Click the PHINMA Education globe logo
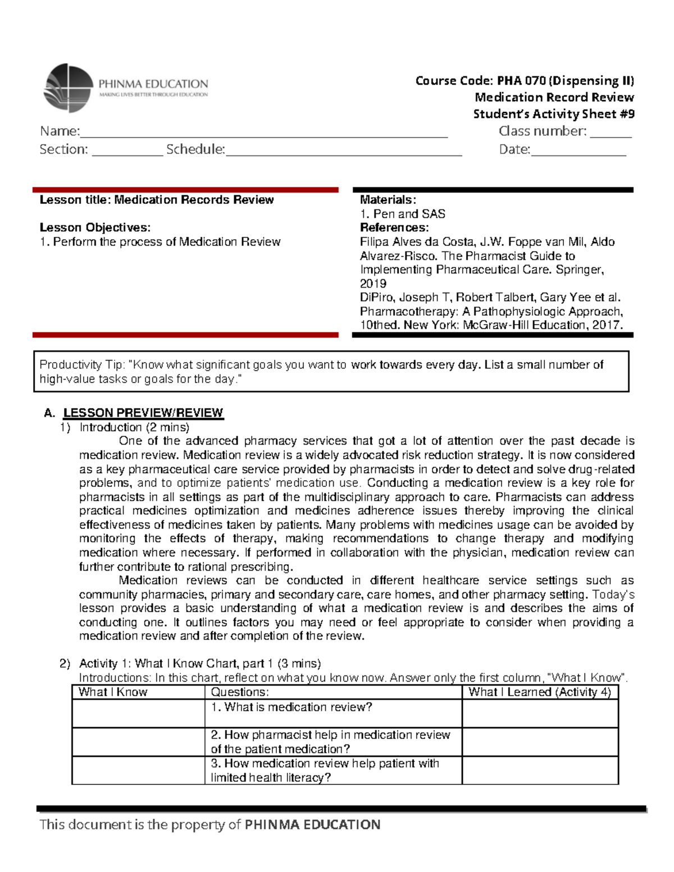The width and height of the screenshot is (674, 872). [69, 88]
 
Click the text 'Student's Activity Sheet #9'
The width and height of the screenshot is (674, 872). [554, 114]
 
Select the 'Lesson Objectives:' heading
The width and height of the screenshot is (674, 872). [95, 227]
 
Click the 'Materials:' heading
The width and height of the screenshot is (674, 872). [388, 200]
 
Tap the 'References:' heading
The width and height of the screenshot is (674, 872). [394, 227]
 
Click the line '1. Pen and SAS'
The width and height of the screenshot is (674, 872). [402, 214]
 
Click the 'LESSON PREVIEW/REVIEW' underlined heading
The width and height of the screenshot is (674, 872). [143, 413]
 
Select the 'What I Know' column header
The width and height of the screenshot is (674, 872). [113, 692]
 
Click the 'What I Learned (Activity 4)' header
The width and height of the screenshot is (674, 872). [540, 692]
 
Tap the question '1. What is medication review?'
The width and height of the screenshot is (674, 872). [292, 707]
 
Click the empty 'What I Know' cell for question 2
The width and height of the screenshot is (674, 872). [138, 742]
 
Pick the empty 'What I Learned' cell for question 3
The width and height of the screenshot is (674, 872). [540, 770]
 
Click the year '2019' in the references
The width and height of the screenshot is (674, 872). [373, 284]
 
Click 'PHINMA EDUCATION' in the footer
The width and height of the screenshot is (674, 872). [313, 825]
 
